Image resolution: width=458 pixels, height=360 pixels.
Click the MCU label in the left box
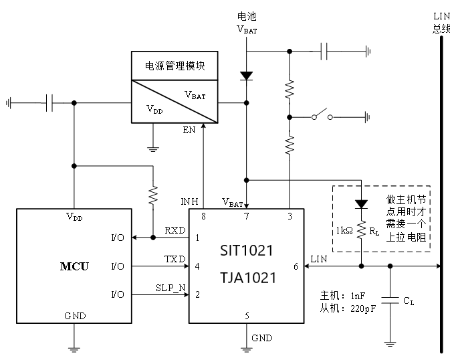tap(74, 267)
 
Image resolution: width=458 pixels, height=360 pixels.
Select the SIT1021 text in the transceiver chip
tap(247, 252)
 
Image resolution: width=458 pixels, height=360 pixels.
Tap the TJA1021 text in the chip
tap(247, 277)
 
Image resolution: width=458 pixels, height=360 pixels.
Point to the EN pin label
tap(189, 130)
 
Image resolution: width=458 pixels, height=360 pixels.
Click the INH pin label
tap(190, 201)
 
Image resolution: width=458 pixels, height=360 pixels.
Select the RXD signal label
tap(175, 231)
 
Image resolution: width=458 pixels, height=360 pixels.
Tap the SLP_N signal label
tap(170, 288)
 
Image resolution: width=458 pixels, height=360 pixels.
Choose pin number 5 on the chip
tap(247, 315)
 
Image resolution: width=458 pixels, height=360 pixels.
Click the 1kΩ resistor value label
tap(345, 231)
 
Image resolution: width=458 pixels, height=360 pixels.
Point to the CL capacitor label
tap(409, 302)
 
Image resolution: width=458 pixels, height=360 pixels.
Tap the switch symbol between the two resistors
tap(324, 116)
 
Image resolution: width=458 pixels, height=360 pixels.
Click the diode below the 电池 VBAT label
tap(247, 76)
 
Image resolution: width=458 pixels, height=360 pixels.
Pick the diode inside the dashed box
tap(362, 203)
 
